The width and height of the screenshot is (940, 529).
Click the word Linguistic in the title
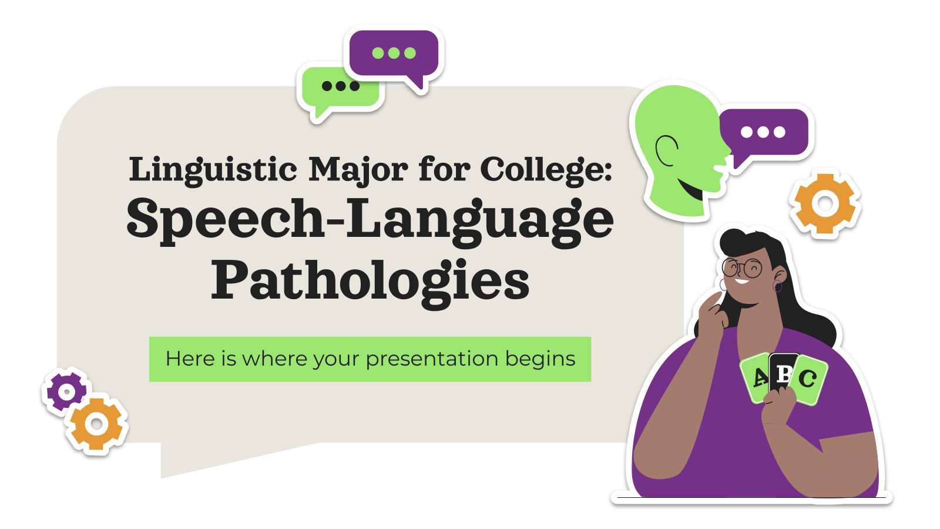(x=213, y=169)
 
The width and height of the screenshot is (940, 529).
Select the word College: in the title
(x=546, y=169)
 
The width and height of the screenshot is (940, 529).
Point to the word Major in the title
(x=358, y=169)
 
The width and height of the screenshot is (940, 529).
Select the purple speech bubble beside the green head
(x=764, y=133)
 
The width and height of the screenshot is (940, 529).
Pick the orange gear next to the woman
(x=825, y=204)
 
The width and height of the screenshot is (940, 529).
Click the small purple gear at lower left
(x=66, y=391)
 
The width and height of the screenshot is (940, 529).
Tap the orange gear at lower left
(x=97, y=424)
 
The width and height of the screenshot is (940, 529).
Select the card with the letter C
(x=808, y=379)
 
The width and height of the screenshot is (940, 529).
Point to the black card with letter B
(x=783, y=370)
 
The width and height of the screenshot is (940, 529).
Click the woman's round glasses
(x=742, y=269)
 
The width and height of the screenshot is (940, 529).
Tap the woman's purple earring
(x=777, y=287)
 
